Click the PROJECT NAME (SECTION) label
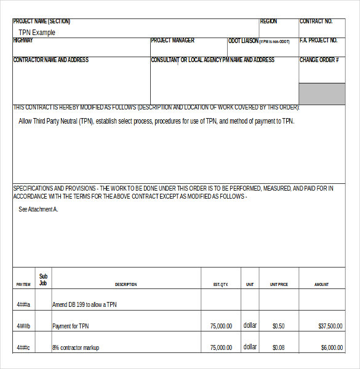[x=42, y=22]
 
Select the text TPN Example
[x=37, y=33]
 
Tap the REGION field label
[x=268, y=22]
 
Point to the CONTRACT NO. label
[x=316, y=22]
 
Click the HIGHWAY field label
[x=23, y=41]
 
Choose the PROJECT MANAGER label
[x=172, y=41]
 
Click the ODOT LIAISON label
[x=243, y=41]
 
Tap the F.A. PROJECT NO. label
[x=318, y=41]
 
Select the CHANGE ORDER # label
[x=319, y=60]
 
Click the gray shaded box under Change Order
[x=322, y=93]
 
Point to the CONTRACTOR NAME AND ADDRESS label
[x=50, y=60]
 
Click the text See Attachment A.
[x=38, y=210]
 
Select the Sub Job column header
[x=43, y=280]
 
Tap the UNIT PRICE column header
[x=278, y=285]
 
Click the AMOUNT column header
[x=321, y=285]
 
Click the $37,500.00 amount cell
[x=330, y=327]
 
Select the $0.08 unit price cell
[x=278, y=347]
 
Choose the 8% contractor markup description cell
[x=76, y=348]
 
